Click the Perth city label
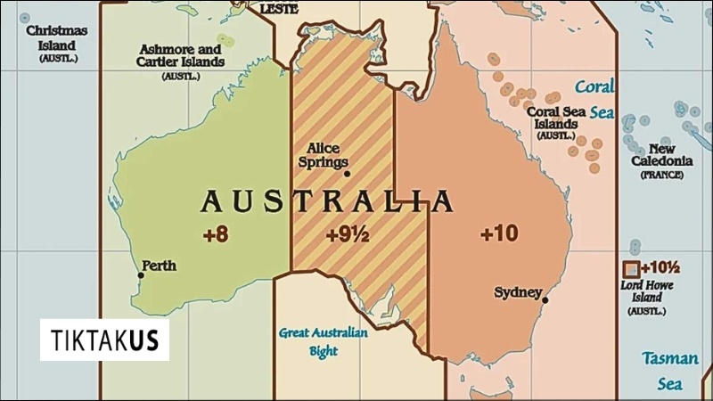pos(160,266)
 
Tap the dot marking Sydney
pos(545,300)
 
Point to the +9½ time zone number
pos(346,235)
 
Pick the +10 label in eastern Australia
pos(498,233)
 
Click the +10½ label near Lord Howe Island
pos(660,267)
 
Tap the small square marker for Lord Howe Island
pos(631,268)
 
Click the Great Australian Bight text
pos(323,342)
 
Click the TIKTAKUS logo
pos(104,340)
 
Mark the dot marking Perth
pos(140,275)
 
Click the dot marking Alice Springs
pos(347,174)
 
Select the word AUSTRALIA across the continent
pos(327,202)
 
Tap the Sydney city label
pos(518,292)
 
